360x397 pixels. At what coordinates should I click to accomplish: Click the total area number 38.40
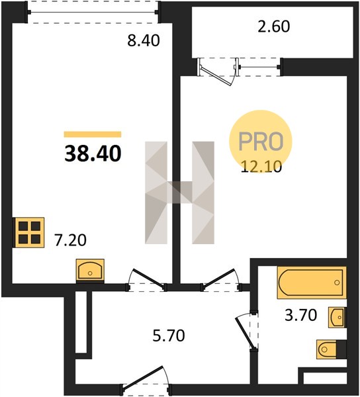pyautogui.click(x=93, y=154)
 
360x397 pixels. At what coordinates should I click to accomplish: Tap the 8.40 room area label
pyautogui.click(x=144, y=41)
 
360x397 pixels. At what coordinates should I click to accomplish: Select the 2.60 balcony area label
pyautogui.click(x=274, y=26)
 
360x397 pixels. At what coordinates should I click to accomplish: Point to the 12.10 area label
pyautogui.click(x=261, y=167)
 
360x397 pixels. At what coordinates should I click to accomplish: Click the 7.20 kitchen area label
pyautogui.click(x=70, y=240)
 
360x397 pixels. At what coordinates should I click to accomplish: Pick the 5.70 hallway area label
pyautogui.click(x=169, y=335)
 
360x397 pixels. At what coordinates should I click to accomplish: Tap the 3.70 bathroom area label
pyautogui.click(x=300, y=316)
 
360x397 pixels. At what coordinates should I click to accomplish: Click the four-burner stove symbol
pyautogui.click(x=29, y=232)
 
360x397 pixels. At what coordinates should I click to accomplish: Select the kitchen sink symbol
pyautogui.click(x=90, y=271)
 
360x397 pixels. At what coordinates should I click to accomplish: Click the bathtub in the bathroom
pyautogui.click(x=312, y=283)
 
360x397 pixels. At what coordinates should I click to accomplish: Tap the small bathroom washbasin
pyautogui.click(x=337, y=317)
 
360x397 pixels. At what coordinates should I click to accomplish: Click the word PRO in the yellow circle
pyautogui.click(x=261, y=142)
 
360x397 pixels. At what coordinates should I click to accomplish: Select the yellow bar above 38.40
pyautogui.click(x=93, y=134)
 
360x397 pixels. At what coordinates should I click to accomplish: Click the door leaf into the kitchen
pyautogui.click(x=149, y=279)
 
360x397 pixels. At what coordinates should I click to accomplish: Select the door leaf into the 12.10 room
pyautogui.click(x=219, y=278)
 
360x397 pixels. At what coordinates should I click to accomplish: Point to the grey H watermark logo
pyautogui.click(x=180, y=193)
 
